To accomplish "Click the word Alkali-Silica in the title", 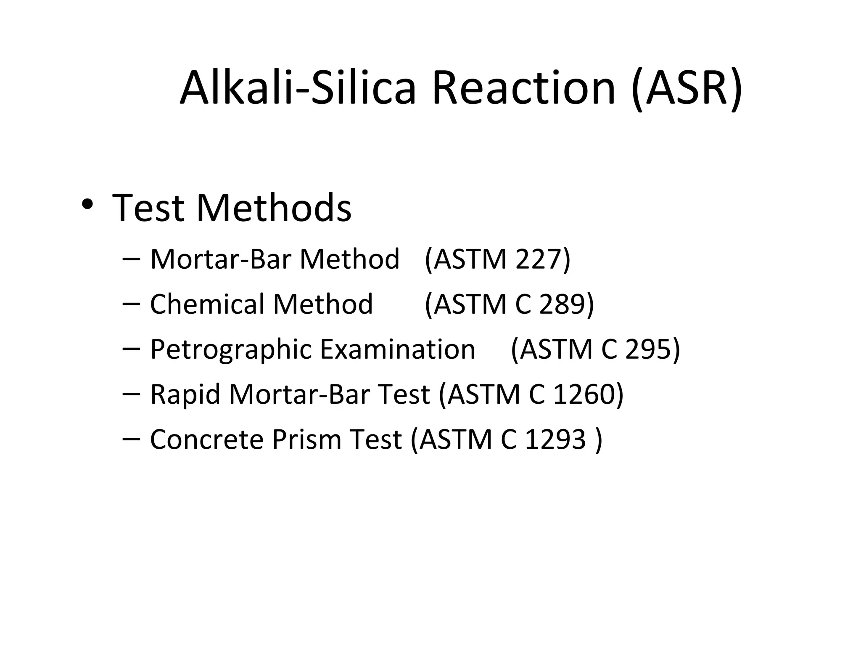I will (298, 88).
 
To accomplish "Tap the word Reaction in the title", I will (524, 88).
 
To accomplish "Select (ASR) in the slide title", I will (687, 88).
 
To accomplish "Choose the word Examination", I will (397, 349).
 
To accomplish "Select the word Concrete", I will (206, 439).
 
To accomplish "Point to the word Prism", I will (306, 439).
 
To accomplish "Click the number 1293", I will (555, 439).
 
